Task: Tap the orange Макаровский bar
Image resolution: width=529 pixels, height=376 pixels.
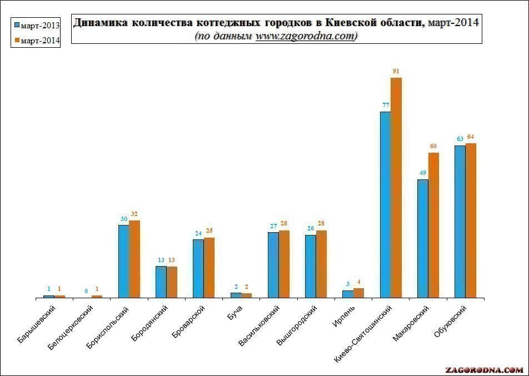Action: coord(433,225)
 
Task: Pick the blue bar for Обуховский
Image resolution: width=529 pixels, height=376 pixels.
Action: coord(460,222)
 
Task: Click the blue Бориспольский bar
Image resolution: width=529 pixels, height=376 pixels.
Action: coord(123,261)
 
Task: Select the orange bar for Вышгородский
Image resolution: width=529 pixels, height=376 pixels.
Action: coord(321,264)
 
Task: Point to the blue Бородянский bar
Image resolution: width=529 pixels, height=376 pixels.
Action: coord(161,282)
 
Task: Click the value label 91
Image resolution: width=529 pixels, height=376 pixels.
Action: coord(396,71)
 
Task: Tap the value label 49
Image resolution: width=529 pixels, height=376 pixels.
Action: coord(422,172)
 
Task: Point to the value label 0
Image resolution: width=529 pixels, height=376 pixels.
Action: coord(86,290)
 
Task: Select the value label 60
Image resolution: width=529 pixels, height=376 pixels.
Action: coord(433,146)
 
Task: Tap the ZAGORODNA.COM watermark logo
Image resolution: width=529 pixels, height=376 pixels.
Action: coord(484,369)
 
